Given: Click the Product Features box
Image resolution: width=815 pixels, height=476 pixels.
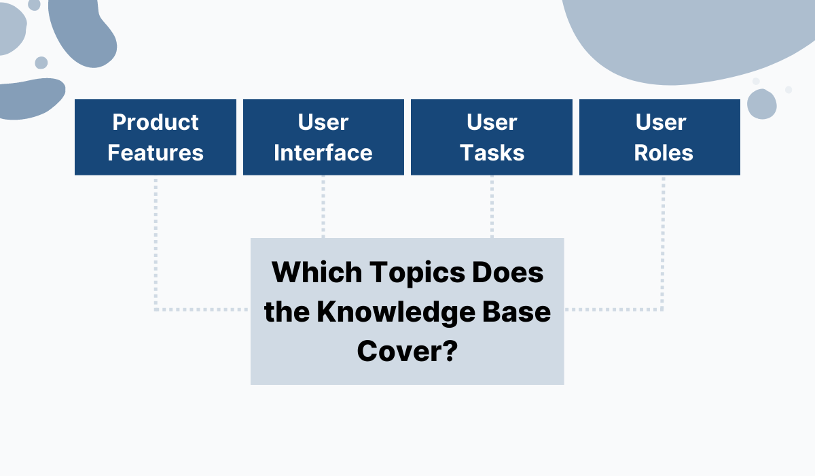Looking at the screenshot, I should (156, 137).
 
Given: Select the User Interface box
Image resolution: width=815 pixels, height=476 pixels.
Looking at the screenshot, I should (323, 137).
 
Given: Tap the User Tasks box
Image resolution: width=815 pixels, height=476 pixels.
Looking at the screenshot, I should (492, 137).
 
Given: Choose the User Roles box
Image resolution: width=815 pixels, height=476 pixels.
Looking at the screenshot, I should (659, 137).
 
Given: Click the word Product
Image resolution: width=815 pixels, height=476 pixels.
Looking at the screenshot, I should (156, 122).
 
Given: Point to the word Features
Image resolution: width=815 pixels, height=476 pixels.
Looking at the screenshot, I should (156, 153).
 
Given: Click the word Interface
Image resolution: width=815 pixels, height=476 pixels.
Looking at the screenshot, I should (323, 153).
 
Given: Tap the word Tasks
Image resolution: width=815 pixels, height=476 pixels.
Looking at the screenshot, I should (492, 153).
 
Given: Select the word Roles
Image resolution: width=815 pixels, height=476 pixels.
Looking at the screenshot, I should (664, 153).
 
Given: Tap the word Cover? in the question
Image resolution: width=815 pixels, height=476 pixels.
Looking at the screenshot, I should (407, 352).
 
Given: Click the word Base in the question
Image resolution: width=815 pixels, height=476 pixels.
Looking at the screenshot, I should (521, 313).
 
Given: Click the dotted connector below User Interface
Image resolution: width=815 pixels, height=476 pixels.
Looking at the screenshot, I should (323, 207).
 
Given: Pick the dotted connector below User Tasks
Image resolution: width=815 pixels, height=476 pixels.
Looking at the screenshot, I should (492, 207).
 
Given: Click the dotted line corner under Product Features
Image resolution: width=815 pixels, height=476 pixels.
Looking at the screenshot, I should (156, 309).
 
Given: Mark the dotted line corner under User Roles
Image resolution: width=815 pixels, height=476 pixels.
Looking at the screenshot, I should (663, 309).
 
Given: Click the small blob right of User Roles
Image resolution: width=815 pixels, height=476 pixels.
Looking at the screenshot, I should (761, 104).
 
